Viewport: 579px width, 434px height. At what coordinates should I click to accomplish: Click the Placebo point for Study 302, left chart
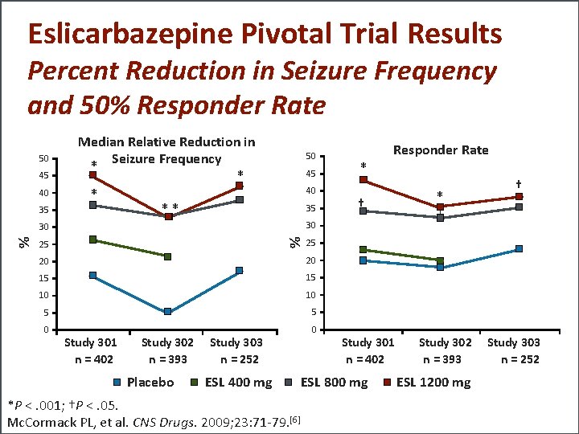click(x=168, y=312)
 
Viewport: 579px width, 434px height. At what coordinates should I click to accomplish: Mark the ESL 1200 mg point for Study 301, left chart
click(x=93, y=174)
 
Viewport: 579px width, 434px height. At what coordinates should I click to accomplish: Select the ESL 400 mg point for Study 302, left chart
click(x=168, y=256)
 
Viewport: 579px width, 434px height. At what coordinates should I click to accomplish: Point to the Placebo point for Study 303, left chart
click(x=239, y=271)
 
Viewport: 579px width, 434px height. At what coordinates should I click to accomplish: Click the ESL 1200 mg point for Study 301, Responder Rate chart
click(x=363, y=179)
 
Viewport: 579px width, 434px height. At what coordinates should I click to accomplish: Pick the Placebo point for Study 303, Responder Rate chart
click(x=519, y=249)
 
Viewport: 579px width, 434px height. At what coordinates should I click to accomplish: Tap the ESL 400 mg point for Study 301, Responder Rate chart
click(x=363, y=250)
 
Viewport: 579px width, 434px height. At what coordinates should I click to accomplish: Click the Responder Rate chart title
click(x=440, y=149)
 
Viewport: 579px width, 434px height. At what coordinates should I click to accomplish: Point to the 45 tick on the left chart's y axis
click(x=45, y=175)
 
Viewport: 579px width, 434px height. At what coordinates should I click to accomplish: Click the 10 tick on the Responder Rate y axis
click(x=310, y=295)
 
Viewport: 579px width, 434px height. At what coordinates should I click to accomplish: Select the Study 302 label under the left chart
click(x=168, y=343)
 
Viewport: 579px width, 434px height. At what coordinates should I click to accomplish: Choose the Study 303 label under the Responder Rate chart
click(x=514, y=343)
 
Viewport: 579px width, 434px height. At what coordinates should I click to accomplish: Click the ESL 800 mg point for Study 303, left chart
click(x=239, y=200)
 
